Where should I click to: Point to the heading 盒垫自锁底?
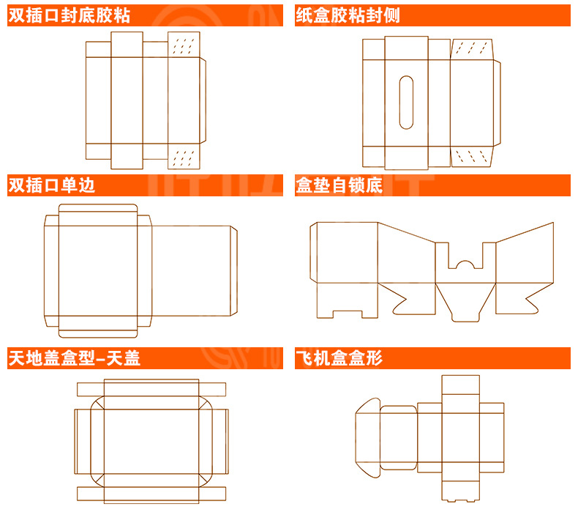[339, 185]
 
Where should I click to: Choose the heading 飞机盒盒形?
[339, 358]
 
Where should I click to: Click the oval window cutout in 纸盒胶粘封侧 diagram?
[407, 102]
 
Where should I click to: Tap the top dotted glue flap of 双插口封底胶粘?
[184, 45]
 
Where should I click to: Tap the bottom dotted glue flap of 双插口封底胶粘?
[184, 157]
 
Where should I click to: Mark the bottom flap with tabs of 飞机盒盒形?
[460, 491]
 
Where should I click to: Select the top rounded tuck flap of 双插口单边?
[98, 210]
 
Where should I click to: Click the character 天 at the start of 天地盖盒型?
[16, 358]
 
